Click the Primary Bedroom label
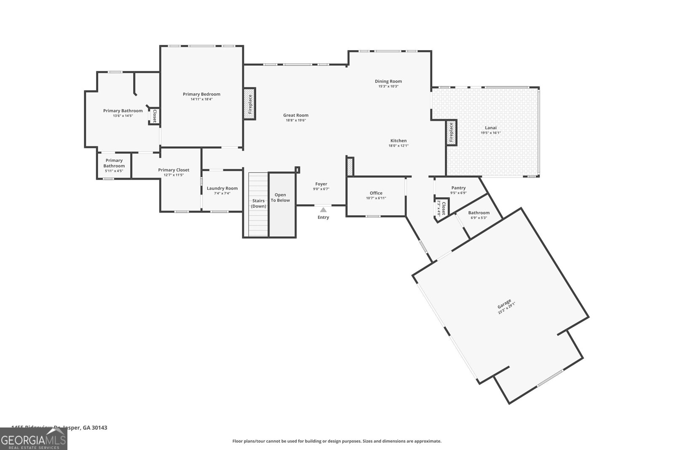pyautogui.click(x=201, y=94)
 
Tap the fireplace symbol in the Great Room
pyautogui.click(x=249, y=104)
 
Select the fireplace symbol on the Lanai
pyautogui.click(x=451, y=133)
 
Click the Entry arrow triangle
pyautogui.click(x=323, y=210)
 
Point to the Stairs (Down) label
pyautogui.click(x=259, y=203)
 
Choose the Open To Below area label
pyautogui.click(x=280, y=197)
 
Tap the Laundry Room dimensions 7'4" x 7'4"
pyautogui.click(x=222, y=194)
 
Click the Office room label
pyautogui.click(x=376, y=193)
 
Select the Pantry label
pyautogui.click(x=458, y=188)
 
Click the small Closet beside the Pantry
pyautogui.click(x=442, y=208)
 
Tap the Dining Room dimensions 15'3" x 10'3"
pyautogui.click(x=388, y=86)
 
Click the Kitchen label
pyautogui.click(x=399, y=141)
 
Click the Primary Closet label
pyautogui.click(x=174, y=170)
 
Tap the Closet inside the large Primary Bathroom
pyautogui.click(x=154, y=116)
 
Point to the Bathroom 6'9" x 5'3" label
pyautogui.click(x=479, y=213)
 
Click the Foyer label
pyautogui.click(x=321, y=184)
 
